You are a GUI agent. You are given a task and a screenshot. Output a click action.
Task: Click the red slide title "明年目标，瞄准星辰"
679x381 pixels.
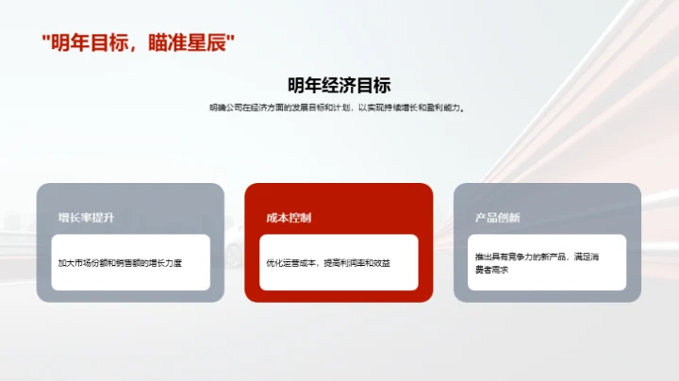tap(138, 43)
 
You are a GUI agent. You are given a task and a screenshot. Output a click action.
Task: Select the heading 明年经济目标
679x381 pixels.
tap(339, 85)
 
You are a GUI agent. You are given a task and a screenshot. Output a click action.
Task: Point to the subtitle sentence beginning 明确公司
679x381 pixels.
tap(339, 108)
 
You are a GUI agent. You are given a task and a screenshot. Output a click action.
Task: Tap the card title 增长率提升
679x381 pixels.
tap(86, 217)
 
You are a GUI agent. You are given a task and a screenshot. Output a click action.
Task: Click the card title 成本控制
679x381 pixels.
tap(289, 217)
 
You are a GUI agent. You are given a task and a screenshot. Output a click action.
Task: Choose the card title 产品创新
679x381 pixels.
tap(497, 217)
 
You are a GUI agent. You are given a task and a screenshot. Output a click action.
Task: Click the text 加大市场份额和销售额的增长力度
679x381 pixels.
tap(119, 261)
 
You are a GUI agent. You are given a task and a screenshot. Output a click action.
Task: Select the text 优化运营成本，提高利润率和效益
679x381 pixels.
tap(328, 261)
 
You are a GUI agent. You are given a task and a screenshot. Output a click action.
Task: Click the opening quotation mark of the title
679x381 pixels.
tap(46, 40)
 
